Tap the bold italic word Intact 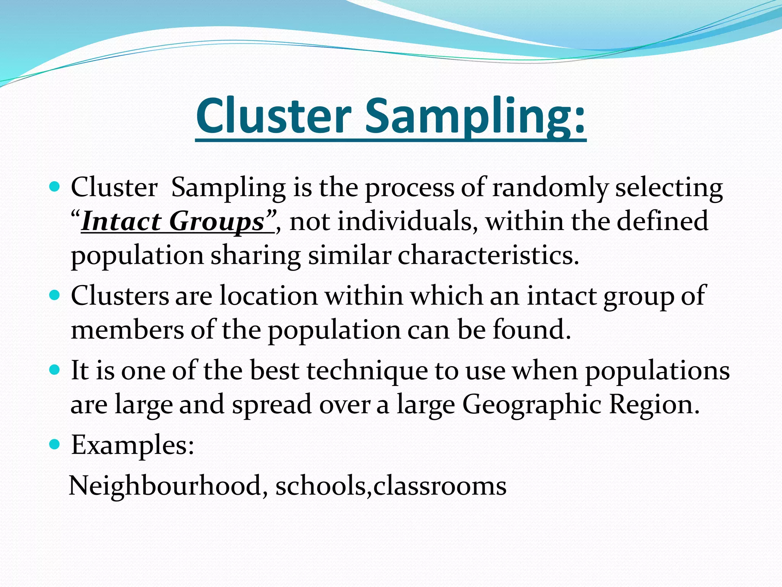(121, 222)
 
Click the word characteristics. (488, 255)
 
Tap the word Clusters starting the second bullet (120, 296)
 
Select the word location (268, 296)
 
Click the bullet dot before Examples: (55, 444)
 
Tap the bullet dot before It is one (55, 370)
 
